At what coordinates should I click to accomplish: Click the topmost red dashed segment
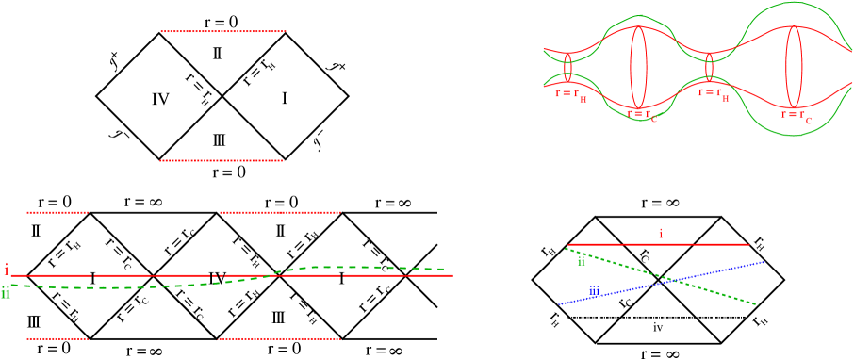tap(222, 31)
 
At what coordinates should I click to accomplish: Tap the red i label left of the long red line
tap(6, 270)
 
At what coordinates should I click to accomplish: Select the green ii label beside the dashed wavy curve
tap(6, 294)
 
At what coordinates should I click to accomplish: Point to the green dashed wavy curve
tap(358, 268)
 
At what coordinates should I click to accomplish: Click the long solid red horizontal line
tap(141, 275)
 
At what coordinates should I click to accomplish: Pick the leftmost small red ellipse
tap(568, 67)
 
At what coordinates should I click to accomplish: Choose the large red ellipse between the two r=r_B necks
tap(639, 67)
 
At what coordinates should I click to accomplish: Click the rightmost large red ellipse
tap(794, 67)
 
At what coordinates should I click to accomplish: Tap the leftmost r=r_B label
tap(570, 94)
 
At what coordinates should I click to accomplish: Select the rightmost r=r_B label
tap(714, 93)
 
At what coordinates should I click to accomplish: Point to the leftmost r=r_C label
tap(642, 115)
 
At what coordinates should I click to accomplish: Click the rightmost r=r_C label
tap(797, 116)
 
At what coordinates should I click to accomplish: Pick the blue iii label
tap(594, 291)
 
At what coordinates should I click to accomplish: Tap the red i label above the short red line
tap(660, 233)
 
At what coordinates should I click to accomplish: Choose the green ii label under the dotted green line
tap(582, 262)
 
